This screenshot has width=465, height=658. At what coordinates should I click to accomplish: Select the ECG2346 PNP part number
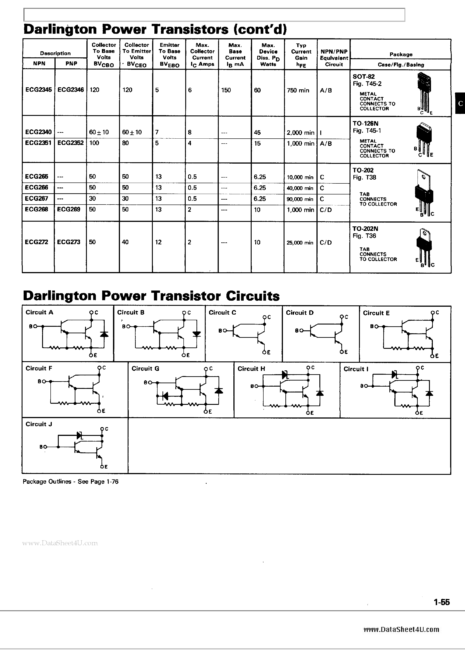pos(70,90)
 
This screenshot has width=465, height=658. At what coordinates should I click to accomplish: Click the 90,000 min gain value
pos(300,199)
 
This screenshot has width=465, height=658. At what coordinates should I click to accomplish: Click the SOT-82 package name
pos(363,77)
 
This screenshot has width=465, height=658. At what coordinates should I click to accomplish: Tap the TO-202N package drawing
pos(424,247)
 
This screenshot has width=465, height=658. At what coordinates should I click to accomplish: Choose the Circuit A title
pos(39,312)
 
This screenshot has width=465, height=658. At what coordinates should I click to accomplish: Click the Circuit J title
pos(39,424)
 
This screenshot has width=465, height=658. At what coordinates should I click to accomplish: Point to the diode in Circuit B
pos(197,334)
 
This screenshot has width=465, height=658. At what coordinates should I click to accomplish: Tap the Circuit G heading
pos(145,369)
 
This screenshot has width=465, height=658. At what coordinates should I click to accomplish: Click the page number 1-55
pos(442,602)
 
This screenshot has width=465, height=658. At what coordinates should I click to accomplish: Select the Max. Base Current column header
pos(235,54)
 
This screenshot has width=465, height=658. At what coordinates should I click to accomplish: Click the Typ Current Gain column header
pos(301,55)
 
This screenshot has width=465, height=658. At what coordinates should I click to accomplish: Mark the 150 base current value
pos(226,90)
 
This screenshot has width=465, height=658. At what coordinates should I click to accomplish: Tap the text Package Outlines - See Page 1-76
pos(70,482)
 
